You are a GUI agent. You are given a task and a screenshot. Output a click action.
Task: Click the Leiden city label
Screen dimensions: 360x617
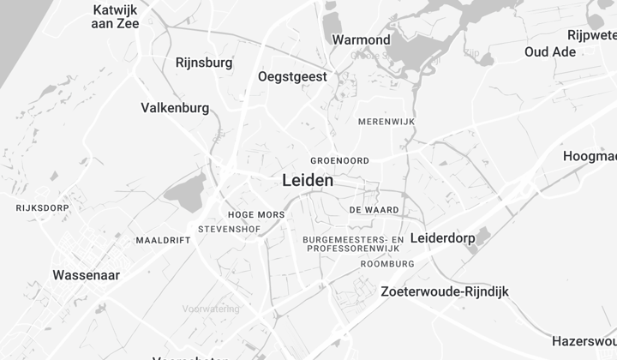point(308,181)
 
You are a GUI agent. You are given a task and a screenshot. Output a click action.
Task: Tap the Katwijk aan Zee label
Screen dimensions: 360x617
point(116,16)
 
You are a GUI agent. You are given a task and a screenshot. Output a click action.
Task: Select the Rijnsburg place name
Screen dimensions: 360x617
point(203,63)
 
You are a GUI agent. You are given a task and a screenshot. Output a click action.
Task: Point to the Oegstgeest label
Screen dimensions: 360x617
point(292,77)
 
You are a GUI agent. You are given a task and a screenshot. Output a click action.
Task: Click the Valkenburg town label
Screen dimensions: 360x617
point(175,108)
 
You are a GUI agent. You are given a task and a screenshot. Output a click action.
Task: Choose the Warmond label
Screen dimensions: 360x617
point(361,39)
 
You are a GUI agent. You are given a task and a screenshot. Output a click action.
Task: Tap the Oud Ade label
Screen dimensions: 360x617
point(550,51)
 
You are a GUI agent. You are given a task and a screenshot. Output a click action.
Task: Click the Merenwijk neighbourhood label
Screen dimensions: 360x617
point(386,123)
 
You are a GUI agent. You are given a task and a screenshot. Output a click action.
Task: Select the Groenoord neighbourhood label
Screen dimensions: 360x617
point(339,160)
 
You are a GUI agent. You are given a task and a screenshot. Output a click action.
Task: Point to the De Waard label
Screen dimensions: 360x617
point(374,209)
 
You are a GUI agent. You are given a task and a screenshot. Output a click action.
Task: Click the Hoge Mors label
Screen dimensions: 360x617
point(257,214)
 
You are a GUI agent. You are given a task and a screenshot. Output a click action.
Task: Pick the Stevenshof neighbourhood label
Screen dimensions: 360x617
point(228,230)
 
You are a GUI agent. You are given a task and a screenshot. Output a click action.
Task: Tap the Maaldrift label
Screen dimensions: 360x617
point(163,240)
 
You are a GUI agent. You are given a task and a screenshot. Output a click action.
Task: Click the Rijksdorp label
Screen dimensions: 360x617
point(42,207)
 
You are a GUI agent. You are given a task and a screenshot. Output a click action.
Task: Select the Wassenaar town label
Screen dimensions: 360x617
point(86,276)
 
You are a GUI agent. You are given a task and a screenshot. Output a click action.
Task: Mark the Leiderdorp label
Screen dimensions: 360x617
point(443,237)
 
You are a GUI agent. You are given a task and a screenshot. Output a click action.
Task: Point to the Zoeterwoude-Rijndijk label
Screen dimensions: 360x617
point(444,291)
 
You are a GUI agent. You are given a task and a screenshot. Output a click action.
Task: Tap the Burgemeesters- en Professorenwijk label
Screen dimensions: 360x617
point(353,243)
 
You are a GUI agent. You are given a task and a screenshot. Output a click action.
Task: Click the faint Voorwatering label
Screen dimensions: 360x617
point(212,309)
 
